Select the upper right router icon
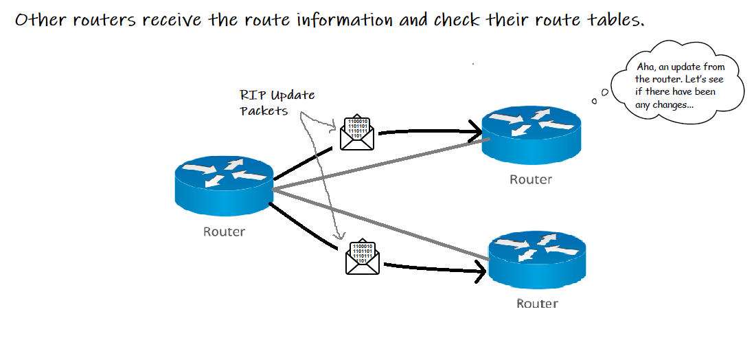tap(531, 135)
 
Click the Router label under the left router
tap(224, 232)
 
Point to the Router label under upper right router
tap(530, 180)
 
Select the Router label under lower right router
tap(537, 303)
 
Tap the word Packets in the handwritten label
tap(264, 111)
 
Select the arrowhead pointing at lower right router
tap(479, 271)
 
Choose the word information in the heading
tap(343, 19)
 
